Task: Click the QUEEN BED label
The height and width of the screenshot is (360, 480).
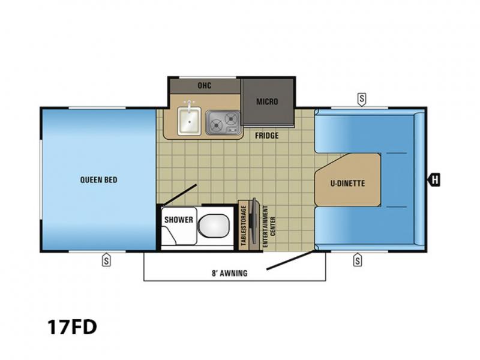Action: (x=98, y=179)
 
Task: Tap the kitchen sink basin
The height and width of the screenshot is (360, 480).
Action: (x=190, y=122)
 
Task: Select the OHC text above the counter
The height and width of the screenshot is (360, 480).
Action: (x=205, y=85)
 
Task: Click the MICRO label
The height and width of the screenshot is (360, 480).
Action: (x=267, y=101)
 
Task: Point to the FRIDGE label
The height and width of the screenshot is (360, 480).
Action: (x=267, y=136)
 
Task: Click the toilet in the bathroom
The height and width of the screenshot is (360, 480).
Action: (x=214, y=226)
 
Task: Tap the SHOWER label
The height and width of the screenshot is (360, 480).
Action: (x=179, y=220)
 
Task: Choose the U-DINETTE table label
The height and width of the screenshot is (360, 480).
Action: (x=348, y=184)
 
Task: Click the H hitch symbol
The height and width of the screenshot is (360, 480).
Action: (x=434, y=179)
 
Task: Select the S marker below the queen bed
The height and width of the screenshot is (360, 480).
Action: (x=106, y=260)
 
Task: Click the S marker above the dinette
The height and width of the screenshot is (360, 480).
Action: (x=362, y=100)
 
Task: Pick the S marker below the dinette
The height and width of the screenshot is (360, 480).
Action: (x=357, y=260)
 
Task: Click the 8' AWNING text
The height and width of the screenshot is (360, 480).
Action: (x=230, y=273)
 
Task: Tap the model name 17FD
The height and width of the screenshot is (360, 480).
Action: (x=72, y=327)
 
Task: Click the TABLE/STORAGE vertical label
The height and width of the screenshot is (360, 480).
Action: (x=244, y=226)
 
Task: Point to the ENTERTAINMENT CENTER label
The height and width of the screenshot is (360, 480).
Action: (x=269, y=226)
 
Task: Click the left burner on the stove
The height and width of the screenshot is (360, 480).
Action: (x=217, y=125)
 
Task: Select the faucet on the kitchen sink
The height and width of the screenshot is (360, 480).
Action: (x=190, y=104)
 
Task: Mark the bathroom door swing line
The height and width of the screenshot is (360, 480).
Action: (x=179, y=195)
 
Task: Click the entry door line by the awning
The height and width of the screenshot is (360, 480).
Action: (x=290, y=260)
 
